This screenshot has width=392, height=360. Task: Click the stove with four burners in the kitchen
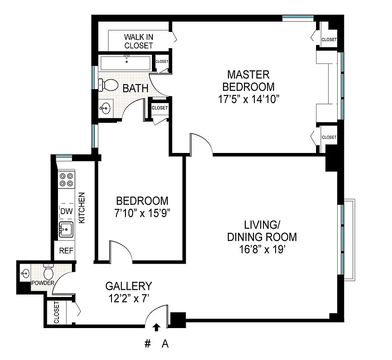coord(67,180)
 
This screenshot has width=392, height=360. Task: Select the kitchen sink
coord(66,229)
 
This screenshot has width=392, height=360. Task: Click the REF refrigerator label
coord(65,251)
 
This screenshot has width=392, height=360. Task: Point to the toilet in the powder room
coord(49,272)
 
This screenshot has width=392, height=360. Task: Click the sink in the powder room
coord(25,273)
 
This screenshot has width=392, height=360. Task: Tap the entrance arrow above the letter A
coord(157,327)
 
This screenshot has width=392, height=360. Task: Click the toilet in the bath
coord(108,84)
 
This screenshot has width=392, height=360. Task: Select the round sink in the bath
coord(106,108)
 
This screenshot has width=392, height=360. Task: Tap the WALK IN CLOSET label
coord(138,41)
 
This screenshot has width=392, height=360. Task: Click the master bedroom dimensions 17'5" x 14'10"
coord(249,99)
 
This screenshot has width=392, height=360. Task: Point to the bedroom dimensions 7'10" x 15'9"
coord(142,212)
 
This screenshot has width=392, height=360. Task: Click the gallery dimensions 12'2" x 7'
coord(128,297)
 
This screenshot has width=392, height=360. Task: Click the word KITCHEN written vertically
coord(82,208)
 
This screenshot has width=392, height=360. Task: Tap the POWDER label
coord(43,283)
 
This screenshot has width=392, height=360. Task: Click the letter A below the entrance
coord(165,344)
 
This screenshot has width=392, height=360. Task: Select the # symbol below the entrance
coord(147,344)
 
